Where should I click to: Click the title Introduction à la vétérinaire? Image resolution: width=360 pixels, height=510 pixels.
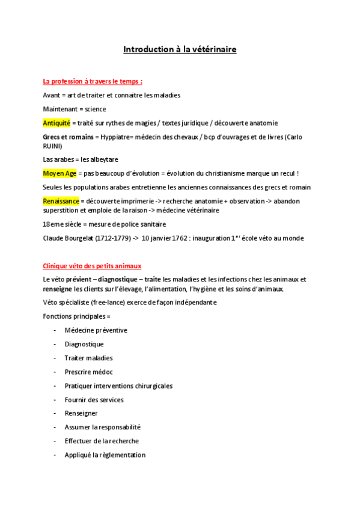pos(180,49)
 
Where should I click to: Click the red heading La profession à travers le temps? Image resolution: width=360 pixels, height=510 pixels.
pos(93,81)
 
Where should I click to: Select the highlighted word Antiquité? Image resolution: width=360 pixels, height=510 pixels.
pos(56,123)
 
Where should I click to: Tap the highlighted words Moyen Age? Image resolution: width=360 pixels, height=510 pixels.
pos(59,173)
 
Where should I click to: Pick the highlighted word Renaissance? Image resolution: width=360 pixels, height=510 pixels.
pos(61,201)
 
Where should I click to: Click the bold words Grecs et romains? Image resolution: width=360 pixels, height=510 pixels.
pos(68,137)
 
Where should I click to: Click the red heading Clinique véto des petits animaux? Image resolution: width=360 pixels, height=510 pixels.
pos(92,266)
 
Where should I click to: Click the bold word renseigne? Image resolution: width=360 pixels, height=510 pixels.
pos(58,289)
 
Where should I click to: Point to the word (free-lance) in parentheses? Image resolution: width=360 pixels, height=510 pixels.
pos(101,302)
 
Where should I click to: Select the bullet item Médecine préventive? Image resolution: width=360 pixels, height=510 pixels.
pos(96,330)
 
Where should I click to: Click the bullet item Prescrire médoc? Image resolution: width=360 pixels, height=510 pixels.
pos(88,372)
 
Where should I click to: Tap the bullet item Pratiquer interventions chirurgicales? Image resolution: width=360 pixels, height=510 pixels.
pos(118,386)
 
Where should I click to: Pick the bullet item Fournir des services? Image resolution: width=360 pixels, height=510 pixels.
pos(94,399)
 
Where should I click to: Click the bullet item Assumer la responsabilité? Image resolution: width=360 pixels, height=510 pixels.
pos(102,427)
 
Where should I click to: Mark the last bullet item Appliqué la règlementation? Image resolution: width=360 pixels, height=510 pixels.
pos(105,455)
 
